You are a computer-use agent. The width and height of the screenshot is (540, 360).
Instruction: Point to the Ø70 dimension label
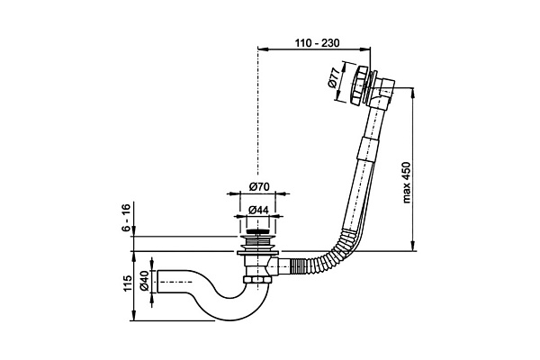[260, 186]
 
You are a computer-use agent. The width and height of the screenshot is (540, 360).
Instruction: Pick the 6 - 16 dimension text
[126, 218]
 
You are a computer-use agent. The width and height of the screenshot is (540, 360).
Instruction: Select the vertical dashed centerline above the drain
[259, 117]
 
